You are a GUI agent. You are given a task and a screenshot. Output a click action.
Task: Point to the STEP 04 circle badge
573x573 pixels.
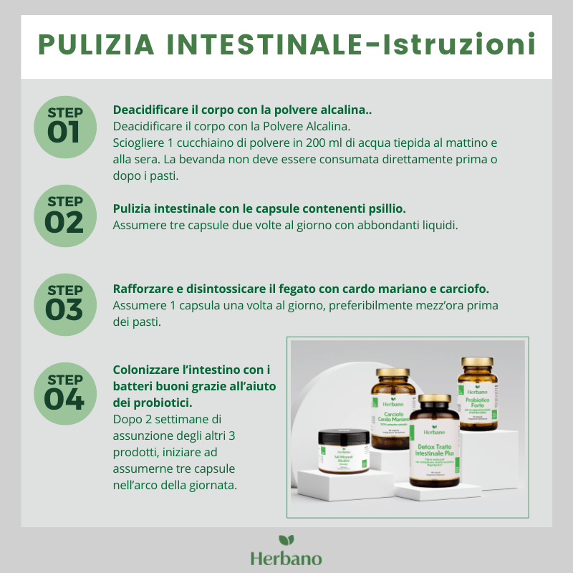(64, 393)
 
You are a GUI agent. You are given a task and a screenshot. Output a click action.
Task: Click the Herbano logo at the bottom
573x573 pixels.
(286, 552)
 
